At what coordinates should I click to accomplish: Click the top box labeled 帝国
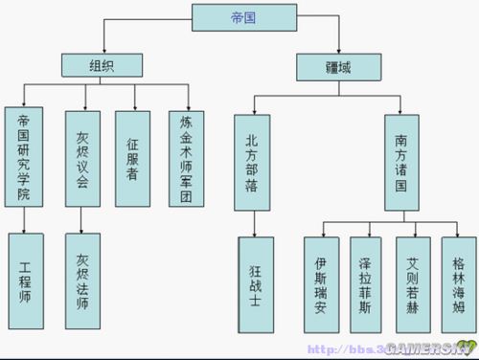pyautogui.click(x=239, y=15)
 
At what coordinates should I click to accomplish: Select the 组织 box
pyautogui.click(x=101, y=65)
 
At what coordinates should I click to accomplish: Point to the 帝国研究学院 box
pyautogui.click(x=24, y=157)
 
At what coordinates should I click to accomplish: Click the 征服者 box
pyautogui.click(x=133, y=157)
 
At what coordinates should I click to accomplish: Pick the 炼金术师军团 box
pyautogui.click(x=187, y=157)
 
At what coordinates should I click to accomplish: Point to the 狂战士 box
pyautogui.click(x=257, y=284)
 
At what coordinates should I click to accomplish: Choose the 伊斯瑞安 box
pyautogui.click(x=321, y=284)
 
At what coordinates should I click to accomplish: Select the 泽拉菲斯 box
pyautogui.click(x=367, y=284)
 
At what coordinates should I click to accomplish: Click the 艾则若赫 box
pyautogui.click(x=413, y=284)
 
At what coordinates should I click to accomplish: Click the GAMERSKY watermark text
pyautogui.click(x=422, y=349)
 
